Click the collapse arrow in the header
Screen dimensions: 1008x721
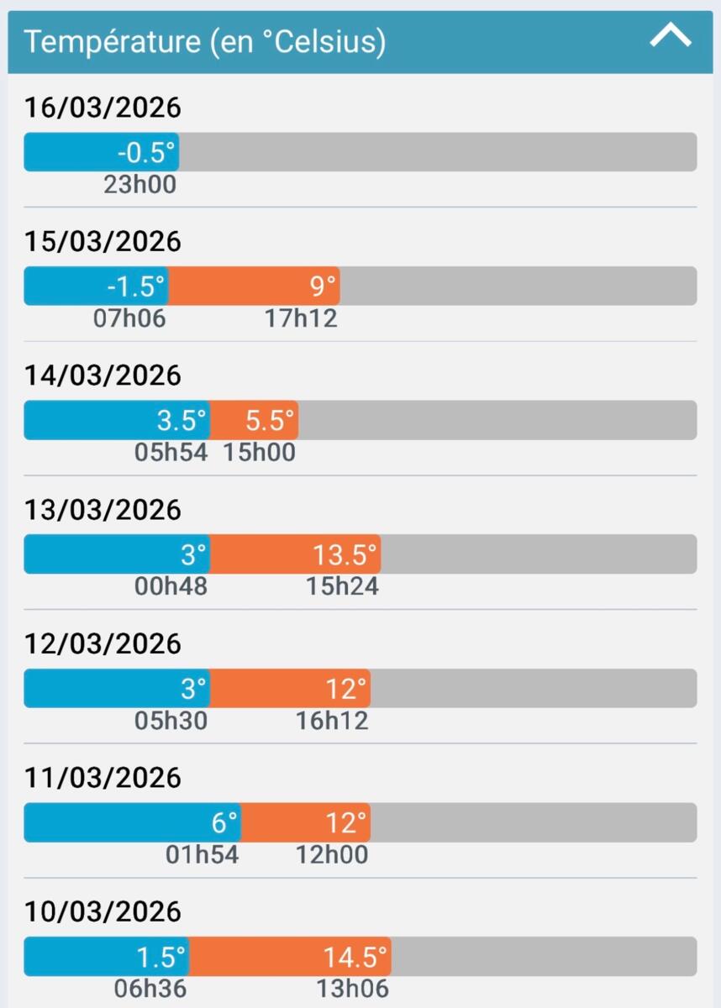coord(671,36)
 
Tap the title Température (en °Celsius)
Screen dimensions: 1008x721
coord(204,41)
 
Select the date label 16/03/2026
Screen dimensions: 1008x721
coord(103,108)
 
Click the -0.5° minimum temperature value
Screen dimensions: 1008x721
coord(146,152)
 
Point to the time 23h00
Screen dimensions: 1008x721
coord(139,184)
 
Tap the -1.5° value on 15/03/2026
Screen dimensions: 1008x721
coord(135,286)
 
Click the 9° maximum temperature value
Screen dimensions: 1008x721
coord(324,286)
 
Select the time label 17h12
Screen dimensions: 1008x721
coord(301,318)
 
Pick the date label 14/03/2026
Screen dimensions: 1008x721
coord(103,375)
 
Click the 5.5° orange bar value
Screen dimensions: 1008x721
coord(271,420)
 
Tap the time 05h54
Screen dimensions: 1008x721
coord(171,452)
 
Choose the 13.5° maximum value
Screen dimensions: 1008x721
coord(345,554)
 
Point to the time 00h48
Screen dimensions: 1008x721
coord(171,586)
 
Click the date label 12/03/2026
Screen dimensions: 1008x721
coord(103,643)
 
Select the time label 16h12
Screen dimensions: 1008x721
coord(332,721)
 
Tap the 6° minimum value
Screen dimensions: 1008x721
coord(224,822)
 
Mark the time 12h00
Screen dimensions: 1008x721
coord(332,854)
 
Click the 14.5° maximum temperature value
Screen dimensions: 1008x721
coord(356,957)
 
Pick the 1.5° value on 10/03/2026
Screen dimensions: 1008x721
coord(161,957)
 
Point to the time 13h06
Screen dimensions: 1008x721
coord(353,989)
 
